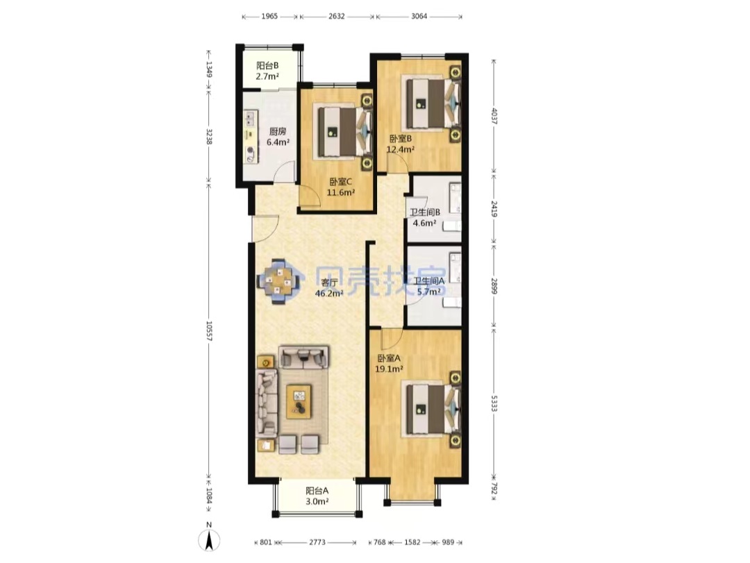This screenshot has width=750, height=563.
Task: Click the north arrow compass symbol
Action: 209,540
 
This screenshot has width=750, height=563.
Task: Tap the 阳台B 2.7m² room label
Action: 267,71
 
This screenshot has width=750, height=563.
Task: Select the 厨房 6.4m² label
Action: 278,137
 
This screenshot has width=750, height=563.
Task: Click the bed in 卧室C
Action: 345,131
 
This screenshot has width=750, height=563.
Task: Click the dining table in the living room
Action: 279,281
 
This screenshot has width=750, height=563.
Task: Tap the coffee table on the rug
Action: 299,401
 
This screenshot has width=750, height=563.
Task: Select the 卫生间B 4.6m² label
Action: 425,217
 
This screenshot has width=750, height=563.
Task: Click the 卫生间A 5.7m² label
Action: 429,286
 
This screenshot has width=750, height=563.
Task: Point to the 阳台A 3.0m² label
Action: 317,496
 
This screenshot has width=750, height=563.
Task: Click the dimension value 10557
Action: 209,330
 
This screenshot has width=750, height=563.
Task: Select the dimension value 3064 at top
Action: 419,16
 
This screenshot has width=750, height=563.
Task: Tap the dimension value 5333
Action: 494,403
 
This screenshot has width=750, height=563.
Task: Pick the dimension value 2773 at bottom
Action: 317,542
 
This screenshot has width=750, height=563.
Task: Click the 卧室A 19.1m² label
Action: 389,363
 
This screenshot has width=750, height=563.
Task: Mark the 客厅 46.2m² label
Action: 329,288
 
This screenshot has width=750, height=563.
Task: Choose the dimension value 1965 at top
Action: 269,16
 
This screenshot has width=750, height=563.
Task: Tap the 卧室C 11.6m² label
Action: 340,187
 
